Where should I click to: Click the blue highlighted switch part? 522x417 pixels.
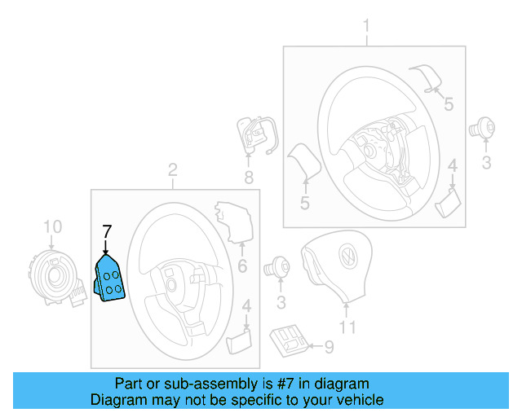pos(110,279)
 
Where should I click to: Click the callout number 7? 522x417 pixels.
pos(105,230)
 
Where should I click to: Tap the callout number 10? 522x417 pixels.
pos(52,226)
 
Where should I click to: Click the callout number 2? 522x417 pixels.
pos(172,169)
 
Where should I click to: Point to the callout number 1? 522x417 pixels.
pos(366,26)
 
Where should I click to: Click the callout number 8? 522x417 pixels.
pos(249,177)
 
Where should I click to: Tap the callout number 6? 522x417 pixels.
pos(241,266)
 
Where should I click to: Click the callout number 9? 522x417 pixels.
pos(329,348)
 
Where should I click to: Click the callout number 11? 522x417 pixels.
pos(348,328)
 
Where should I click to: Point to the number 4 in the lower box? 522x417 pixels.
pos(246,308)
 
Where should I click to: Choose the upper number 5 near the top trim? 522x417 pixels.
pos(448,103)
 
